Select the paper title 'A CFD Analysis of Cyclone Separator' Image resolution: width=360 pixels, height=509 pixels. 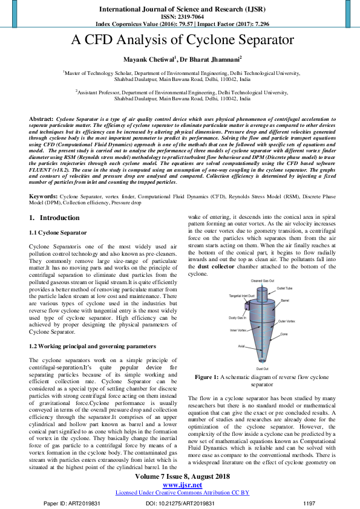coord(183,41)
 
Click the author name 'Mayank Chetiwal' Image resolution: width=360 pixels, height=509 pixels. coord(149,59)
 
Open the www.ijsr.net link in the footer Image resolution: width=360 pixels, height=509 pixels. coord(182,485)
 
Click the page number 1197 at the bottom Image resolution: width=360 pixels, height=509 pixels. coord(309,502)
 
